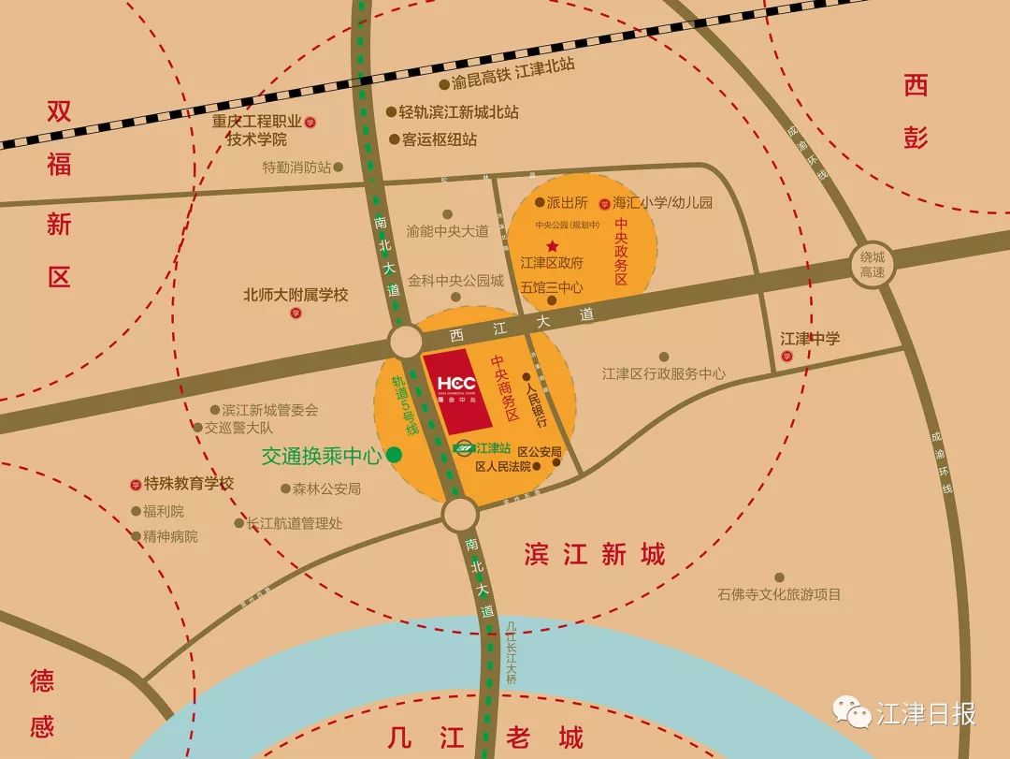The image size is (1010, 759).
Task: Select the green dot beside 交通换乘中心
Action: pos(395,456)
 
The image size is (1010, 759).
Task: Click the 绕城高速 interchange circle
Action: pos(873,264)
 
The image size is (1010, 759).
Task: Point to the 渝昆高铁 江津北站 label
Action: pos(512,82)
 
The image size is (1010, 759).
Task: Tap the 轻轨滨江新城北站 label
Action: pos(458,112)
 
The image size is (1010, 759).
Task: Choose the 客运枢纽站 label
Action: pos(439,139)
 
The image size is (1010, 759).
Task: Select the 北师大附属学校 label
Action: pos(296,295)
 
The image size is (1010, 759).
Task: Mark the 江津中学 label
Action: pos(810,339)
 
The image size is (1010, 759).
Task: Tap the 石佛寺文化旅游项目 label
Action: pos(779,594)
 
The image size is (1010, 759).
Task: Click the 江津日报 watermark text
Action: pos(926,714)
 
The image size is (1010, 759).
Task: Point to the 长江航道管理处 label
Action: pos(294,524)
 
